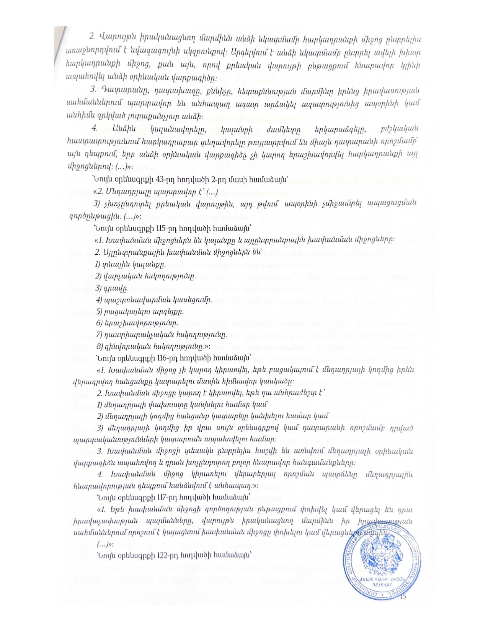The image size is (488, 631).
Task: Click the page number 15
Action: coord(402,597)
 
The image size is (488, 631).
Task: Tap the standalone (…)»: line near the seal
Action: coord(106,544)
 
